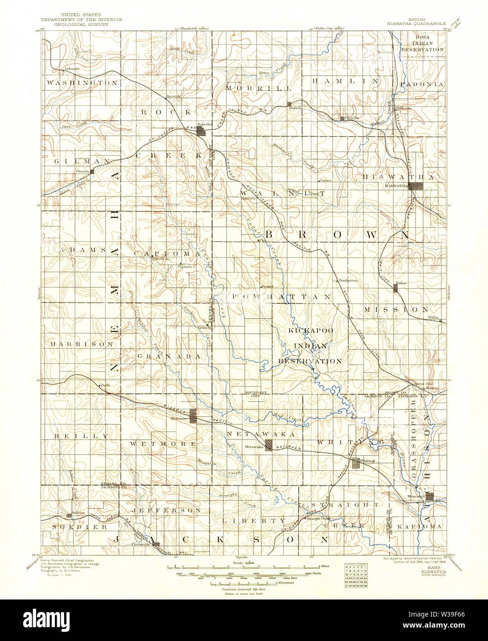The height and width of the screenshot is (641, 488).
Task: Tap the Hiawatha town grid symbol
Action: [417, 186]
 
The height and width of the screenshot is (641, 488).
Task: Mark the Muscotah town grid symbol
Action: [430, 497]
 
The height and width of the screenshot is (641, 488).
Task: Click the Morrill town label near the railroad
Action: [295, 108]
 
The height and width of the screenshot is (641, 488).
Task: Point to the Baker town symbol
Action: [395, 288]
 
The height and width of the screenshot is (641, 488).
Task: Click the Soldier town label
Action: [78, 513]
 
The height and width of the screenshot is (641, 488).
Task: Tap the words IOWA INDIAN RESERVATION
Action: [423, 42]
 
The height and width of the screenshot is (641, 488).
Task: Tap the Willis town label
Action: [433, 318]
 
